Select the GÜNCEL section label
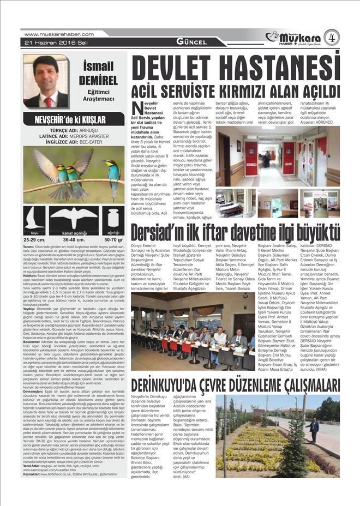click(x=191, y=42)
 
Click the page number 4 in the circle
click(x=331, y=37)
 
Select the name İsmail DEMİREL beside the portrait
click(x=98, y=74)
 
